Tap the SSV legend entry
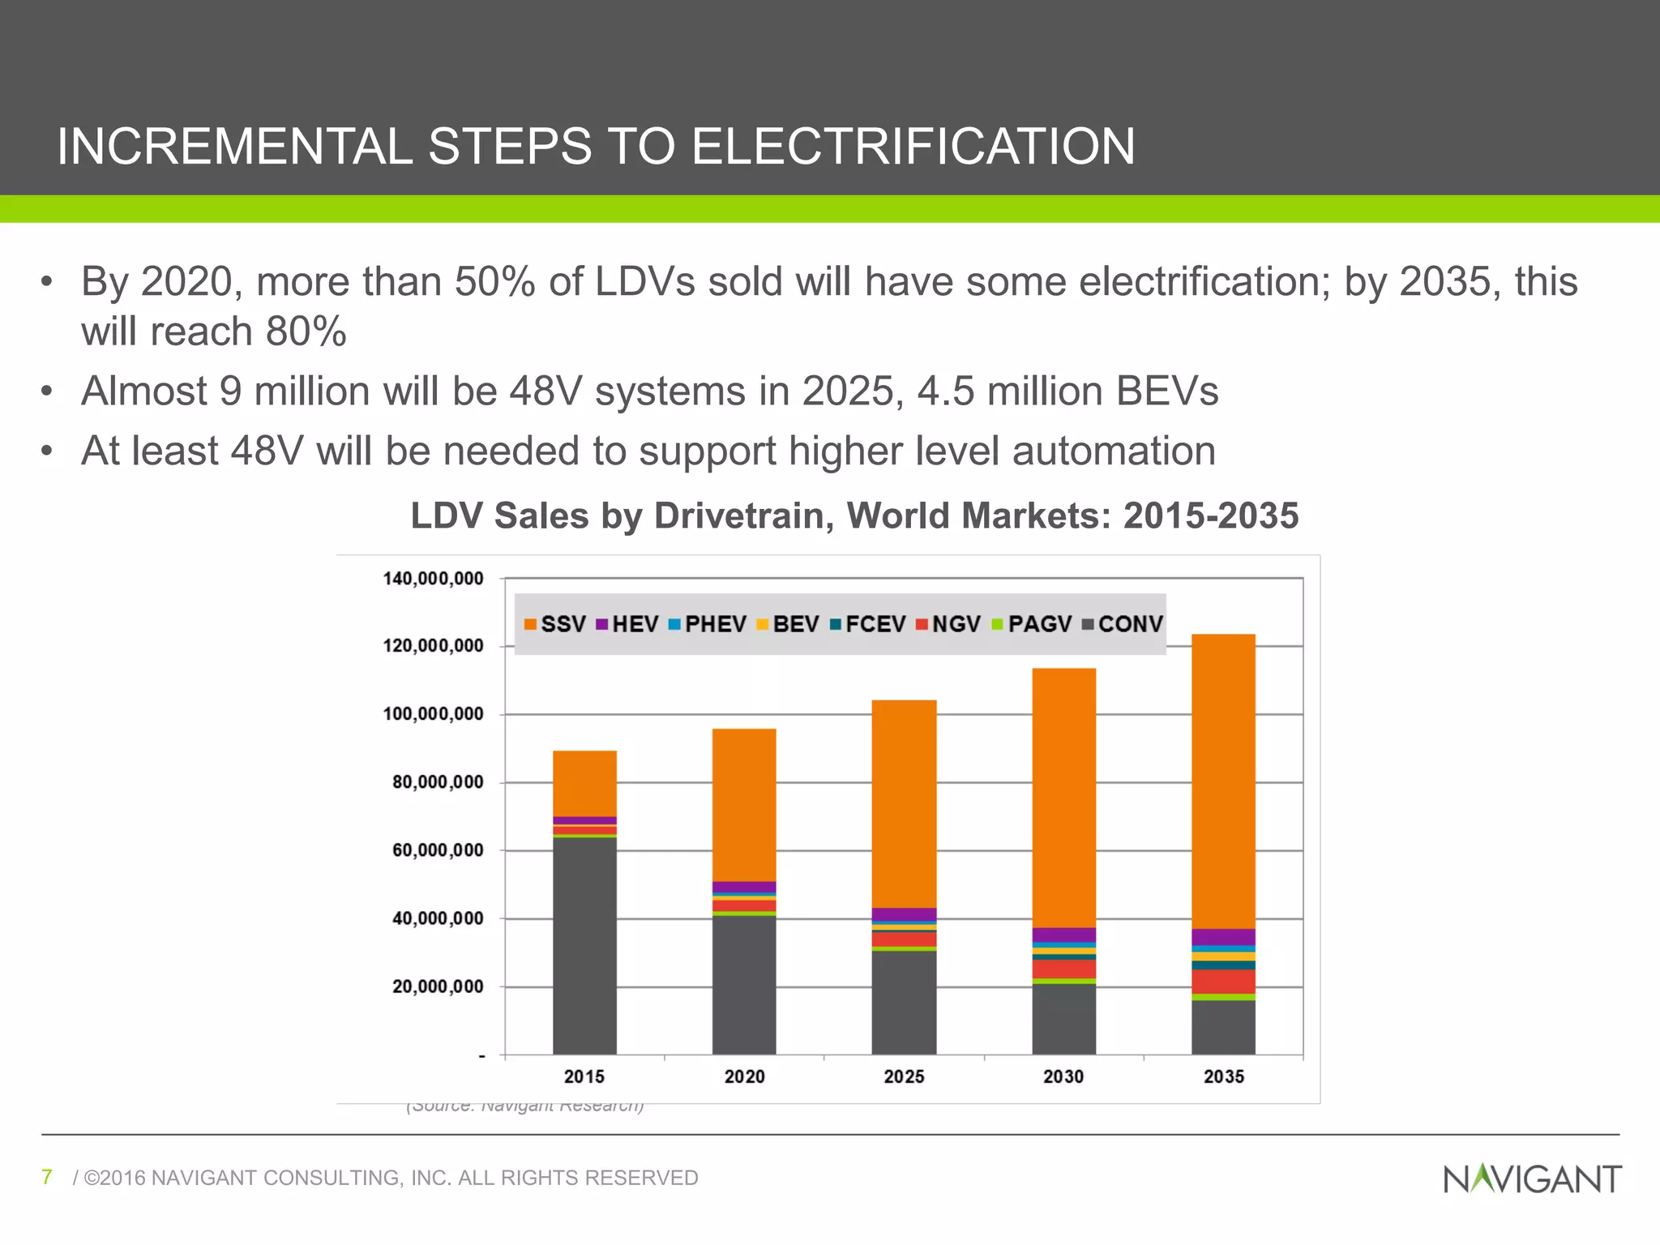(x=554, y=624)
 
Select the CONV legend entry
(x=1122, y=624)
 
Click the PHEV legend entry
(x=707, y=624)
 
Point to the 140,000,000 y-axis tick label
(x=433, y=579)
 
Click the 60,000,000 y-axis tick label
(x=438, y=850)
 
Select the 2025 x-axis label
(x=904, y=1077)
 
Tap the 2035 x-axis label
(x=1223, y=1077)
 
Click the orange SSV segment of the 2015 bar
(x=584, y=783)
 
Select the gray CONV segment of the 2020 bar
(x=744, y=985)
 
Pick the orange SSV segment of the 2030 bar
(x=1063, y=798)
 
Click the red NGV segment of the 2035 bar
(x=1223, y=982)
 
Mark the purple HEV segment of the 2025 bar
(x=904, y=914)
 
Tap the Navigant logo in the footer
(x=1532, y=1179)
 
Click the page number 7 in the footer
(x=47, y=1177)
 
